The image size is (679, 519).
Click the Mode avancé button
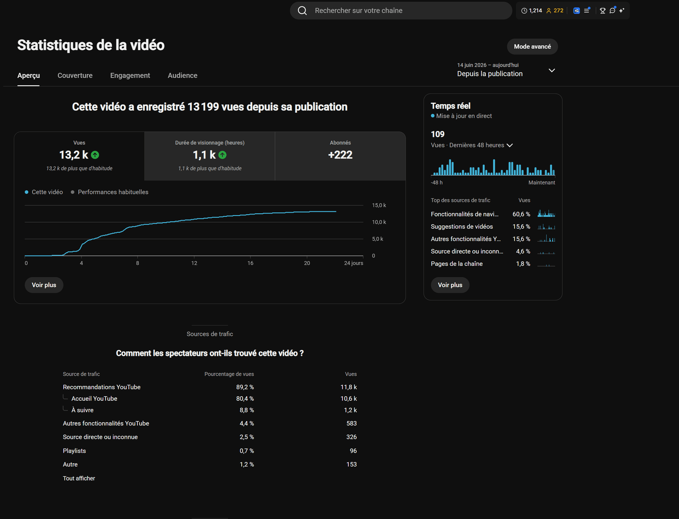click(x=532, y=47)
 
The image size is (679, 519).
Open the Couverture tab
click(x=75, y=76)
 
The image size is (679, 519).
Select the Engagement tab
click(x=130, y=76)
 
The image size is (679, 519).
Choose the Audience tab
click(x=182, y=76)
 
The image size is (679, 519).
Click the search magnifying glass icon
click(x=302, y=11)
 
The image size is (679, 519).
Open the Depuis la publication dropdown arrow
click(x=551, y=71)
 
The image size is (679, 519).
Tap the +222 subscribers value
click(x=340, y=155)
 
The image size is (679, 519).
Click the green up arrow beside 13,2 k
click(x=95, y=155)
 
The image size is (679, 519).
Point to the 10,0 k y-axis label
click(x=379, y=222)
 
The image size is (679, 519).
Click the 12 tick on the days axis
click(x=194, y=263)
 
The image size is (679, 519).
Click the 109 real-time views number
click(x=437, y=135)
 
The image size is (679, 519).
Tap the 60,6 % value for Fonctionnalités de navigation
click(x=521, y=214)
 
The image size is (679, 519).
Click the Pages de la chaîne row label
click(x=457, y=264)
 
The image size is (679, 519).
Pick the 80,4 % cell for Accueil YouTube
click(x=245, y=399)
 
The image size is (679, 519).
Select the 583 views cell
click(x=351, y=423)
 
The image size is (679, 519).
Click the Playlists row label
click(x=74, y=451)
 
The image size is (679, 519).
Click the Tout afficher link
click(x=79, y=478)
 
